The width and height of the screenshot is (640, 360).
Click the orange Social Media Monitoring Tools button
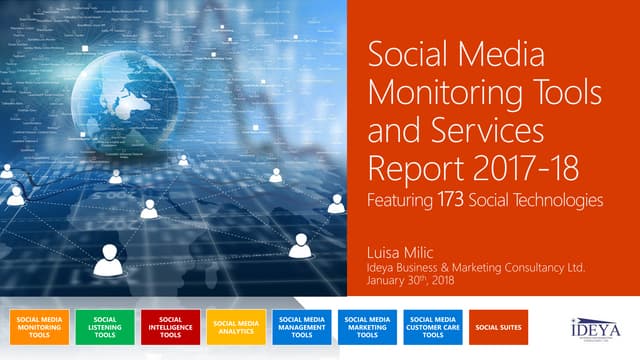[x=37, y=327]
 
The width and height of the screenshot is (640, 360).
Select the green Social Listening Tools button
[x=104, y=327]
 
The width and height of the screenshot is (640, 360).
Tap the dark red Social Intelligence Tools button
[x=170, y=327]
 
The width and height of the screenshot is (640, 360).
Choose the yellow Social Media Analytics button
[x=236, y=327]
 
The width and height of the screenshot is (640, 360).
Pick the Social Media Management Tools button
[x=302, y=327]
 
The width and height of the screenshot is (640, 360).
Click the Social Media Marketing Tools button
[x=367, y=327]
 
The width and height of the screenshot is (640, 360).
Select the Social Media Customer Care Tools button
[x=433, y=327]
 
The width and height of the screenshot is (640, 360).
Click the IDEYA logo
[x=589, y=327]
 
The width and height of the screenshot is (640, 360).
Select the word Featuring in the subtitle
[x=399, y=201]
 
